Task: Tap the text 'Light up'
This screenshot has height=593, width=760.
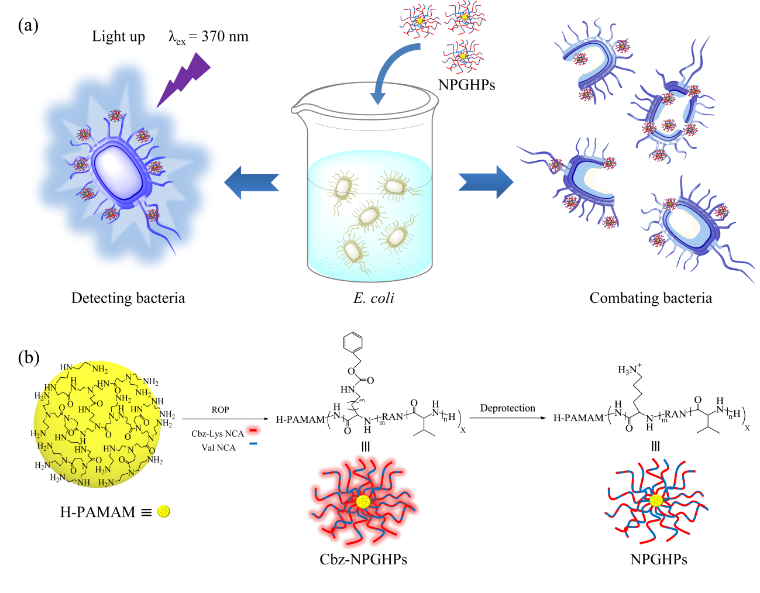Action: tap(118, 37)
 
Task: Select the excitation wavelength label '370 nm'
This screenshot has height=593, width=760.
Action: tap(225, 37)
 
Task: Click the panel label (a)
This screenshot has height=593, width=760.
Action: tap(28, 26)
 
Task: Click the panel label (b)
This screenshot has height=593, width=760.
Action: tap(28, 357)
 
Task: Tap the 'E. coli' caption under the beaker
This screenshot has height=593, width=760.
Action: tap(373, 298)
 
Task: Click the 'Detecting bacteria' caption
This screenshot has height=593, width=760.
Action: tap(128, 298)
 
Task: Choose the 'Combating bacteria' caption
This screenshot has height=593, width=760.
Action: tap(651, 298)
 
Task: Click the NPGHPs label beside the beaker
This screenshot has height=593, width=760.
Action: tap(466, 85)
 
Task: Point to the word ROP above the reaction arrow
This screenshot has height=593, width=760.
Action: tap(220, 410)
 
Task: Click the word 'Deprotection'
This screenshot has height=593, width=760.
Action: tap(507, 408)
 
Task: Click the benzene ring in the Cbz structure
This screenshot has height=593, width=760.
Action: tap(353, 343)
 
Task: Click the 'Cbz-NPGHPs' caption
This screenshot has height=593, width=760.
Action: tap(363, 560)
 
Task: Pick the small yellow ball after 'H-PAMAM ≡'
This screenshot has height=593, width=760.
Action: tap(164, 512)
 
